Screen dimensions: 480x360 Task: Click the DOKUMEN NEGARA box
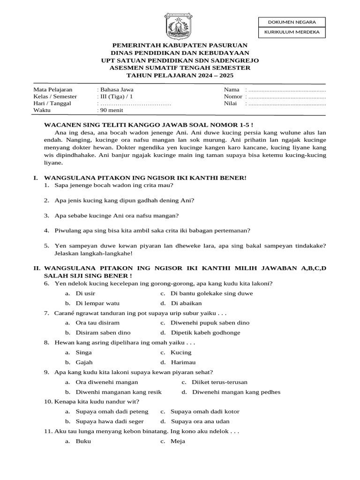click(x=292, y=22)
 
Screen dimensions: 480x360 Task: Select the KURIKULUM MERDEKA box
click(x=292, y=32)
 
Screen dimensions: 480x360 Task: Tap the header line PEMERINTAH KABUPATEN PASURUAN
click(x=180, y=45)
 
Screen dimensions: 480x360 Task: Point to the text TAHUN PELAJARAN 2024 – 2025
click(x=180, y=75)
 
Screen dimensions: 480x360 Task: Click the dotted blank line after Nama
click(x=287, y=90)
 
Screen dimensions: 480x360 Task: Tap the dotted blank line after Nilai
click(x=287, y=104)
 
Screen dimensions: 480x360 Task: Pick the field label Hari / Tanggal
click(x=52, y=104)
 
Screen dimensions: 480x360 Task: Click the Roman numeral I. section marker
click(x=36, y=178)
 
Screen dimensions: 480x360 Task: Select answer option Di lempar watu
click(x=97, y=303)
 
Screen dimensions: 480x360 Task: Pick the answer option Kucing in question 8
click(x=181, y=352)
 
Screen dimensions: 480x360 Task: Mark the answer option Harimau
click(x=183, y=362)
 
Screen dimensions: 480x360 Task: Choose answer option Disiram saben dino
click(x=100, y=333)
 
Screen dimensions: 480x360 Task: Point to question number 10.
click(x=48, y=402)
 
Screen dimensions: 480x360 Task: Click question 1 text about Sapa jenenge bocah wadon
click(x=111, y=185)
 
